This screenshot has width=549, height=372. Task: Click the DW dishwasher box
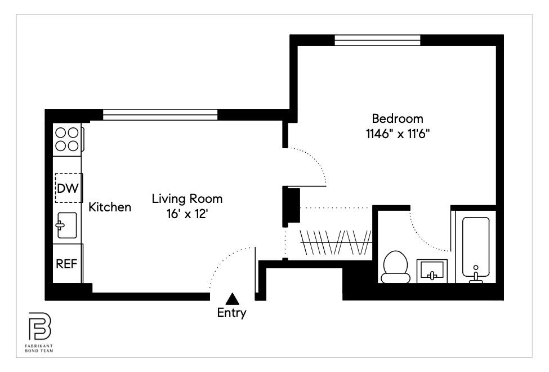pyautogui.click(x=69, y=188)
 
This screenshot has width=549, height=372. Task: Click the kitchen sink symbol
pyautogui.click(x=67, y=225)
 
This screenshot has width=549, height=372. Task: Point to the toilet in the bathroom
pyautogui.click(x=395, y=267)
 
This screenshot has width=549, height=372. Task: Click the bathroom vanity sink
pyautogui.click(x=432, y=271)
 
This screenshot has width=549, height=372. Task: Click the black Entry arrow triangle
pyautogui.click(x=231, y=299)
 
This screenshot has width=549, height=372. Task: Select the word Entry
pyautogui.click(x=231, y=313)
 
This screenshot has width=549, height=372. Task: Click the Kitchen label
pyautogui.click(x=110, y=207)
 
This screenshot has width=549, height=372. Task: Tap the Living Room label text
pyautogui.click(x=187, y=199)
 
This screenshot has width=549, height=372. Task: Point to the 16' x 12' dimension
pyautogui.click(x=187, y=214)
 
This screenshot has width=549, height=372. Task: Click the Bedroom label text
pyautogui.click(x=397, y=119)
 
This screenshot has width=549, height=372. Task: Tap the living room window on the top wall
pyautogui.click(x=160, y=115)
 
